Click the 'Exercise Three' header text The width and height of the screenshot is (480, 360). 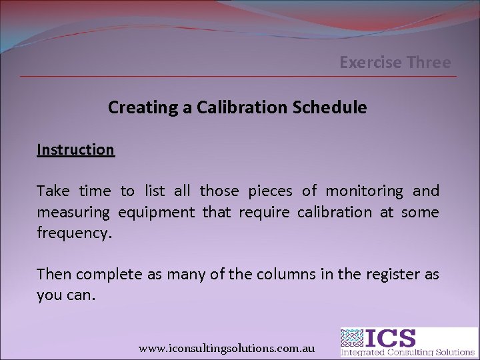(395, 63)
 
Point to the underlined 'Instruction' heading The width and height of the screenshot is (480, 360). (75, 149)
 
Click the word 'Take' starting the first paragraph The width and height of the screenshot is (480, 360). (53, 191)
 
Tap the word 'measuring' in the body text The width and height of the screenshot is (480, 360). (73, 213)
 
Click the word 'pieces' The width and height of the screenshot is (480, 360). (270, 191)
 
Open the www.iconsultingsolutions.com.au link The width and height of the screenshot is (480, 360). (226, 348)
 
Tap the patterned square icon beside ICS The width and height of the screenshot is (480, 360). (353, 338)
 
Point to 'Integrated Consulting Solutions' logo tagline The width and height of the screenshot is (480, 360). (407, 352)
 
